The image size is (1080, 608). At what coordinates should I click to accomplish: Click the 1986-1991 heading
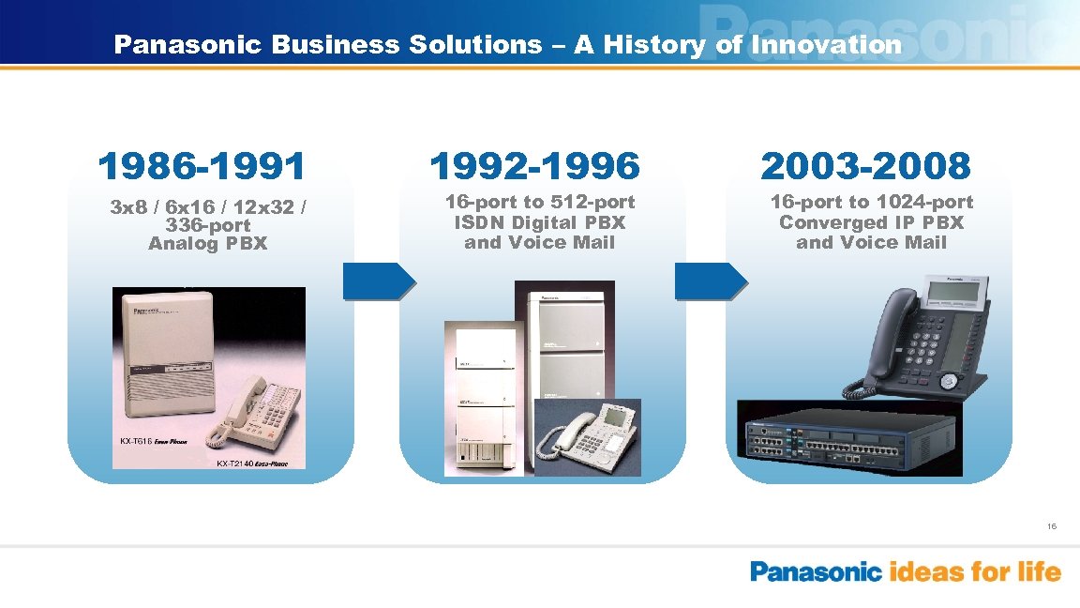[x=202, y=167]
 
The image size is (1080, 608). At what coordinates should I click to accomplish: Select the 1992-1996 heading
[x=535, y=167]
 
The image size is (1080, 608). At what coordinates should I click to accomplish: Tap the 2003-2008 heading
[x=866, y=167]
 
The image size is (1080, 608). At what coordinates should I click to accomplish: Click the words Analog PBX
[x=207, y=244]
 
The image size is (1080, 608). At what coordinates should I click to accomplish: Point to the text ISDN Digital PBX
[x=540, y=222]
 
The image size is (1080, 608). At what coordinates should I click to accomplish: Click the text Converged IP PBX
[x=871, y=222]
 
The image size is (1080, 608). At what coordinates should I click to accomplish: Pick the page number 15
[x=1052, y=526]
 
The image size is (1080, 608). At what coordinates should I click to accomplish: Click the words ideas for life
[x=975, y=571]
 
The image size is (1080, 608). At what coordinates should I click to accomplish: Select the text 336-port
[x=207, y=225]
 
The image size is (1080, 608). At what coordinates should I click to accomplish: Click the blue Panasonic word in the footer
[x=817, y=571]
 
